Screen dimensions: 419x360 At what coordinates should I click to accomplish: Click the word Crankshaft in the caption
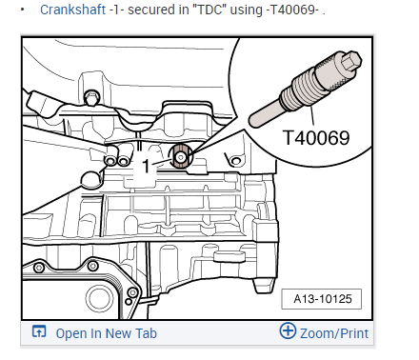click(x=73, y=10)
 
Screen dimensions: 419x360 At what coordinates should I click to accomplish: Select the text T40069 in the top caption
click(x=292, y=10)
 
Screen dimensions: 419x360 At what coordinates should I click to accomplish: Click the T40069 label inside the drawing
click(x=316, y=138)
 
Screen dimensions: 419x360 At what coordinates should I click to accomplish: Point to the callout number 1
click(x=146, y=166)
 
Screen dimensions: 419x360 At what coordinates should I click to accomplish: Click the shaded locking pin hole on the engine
click(x=180, y=156)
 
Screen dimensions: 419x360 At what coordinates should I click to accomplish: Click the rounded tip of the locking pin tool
click(x=254, y=121)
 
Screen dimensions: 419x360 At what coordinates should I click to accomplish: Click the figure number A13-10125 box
click(x=321, y=299)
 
